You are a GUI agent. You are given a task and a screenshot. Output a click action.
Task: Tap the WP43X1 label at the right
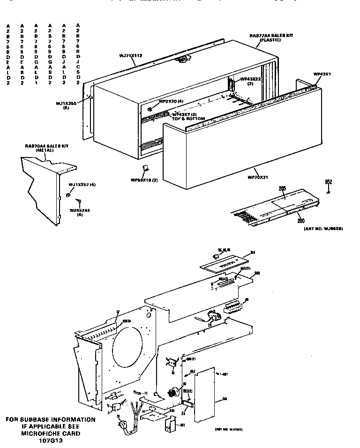tap(323, 74)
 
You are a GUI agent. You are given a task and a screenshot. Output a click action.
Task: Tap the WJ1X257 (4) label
tap(82, 185)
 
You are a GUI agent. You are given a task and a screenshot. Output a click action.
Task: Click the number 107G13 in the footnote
tap(51, 441)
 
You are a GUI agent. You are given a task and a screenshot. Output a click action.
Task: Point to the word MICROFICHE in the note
tap(42, 433)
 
